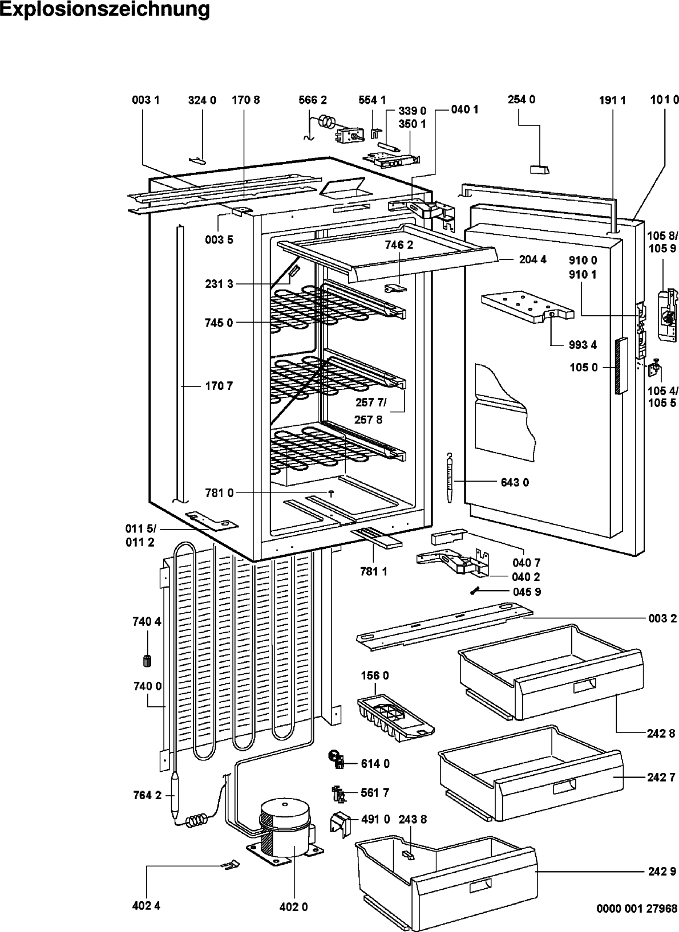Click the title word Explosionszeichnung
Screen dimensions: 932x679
[x=105, y=10]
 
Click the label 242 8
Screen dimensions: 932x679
[x=661, y=734]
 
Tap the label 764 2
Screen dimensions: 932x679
[x=147, y=796]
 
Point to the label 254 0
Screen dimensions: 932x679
[x=522, y=100]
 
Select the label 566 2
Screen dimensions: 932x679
[x=312, y=100]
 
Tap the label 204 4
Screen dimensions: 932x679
[x=532, y=260]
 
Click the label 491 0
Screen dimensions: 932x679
[x=375, y=820]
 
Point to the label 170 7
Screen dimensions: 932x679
[x=219, y=386]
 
